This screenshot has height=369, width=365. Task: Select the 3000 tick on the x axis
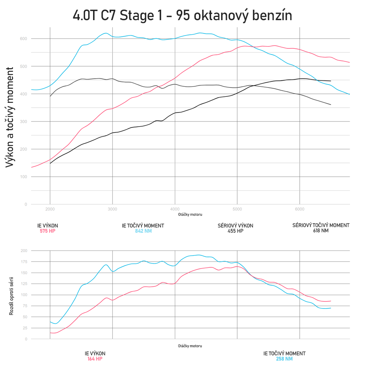(x=112, y=209)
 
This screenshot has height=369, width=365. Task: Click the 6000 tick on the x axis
(x=299, y=209)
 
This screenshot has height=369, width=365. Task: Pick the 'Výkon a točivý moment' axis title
(x=11, y=117)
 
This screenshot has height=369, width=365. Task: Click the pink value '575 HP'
(x=47, y=231)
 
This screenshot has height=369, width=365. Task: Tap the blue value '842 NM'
(x=143, y=231)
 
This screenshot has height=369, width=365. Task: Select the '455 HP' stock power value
(x=235, y=231)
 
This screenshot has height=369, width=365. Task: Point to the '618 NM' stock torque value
(x=321, y=231)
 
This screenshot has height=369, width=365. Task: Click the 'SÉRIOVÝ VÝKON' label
(x=235, y=225)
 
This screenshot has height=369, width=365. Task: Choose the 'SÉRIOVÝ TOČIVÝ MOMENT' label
(x=321, y=225)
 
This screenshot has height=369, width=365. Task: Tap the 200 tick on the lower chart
(x=23, y=251)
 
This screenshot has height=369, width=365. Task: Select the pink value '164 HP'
(x=95, y=359)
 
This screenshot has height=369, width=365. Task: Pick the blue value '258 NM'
(x=284, y=359)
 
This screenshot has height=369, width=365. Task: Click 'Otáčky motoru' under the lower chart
(x=190, y=346)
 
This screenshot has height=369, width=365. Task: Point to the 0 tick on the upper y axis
(x=26, y=204)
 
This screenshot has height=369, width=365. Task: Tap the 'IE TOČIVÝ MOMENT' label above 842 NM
(x=143, y=225)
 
